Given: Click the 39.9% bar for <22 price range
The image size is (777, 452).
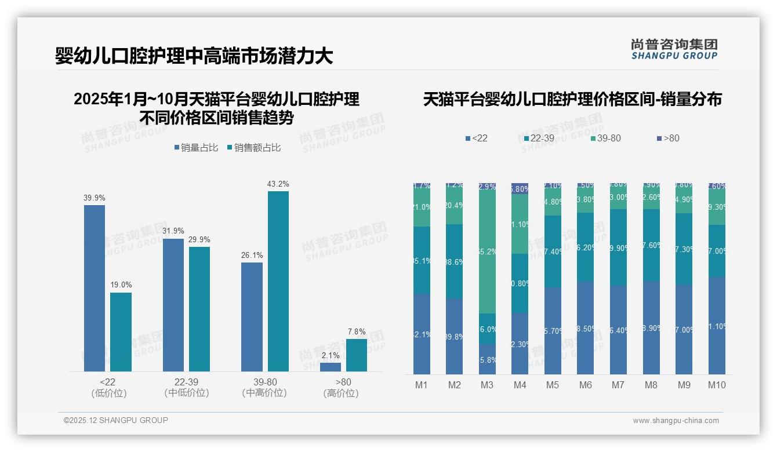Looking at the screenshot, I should tap(95, 288).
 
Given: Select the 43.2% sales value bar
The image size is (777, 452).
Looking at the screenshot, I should tap(278, 281).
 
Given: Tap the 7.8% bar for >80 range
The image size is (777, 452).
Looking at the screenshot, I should tap(356, 355).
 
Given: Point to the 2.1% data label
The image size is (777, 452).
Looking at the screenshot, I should tap(330, 355).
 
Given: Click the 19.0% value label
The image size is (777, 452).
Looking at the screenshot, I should tap(121, 285).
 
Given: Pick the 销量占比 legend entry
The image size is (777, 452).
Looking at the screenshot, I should tap(197, 148).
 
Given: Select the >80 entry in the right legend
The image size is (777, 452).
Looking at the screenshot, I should tap(668, 138).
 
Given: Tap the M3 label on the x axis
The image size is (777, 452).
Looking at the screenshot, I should tap(487, 385).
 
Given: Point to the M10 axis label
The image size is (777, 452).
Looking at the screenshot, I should tap(717, 385).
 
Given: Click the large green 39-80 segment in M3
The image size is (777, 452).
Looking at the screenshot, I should tap(487, 251).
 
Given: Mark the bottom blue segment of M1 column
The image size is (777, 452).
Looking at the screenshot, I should tap(422, 334).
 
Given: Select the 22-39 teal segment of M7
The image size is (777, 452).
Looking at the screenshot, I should tap(619, 247).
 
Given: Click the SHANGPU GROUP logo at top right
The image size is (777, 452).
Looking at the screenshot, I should tap(674, 49).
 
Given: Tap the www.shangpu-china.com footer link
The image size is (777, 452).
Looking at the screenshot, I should tap(676, 421).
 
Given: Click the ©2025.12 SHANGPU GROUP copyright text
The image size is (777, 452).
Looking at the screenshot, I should tap(116, 420).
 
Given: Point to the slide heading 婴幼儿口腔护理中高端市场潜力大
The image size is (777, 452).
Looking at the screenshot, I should tap(194, 56).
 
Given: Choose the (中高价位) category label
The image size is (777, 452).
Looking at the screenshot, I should tap(264, 393).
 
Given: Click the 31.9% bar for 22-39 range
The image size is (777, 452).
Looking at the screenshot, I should tap(173, 305).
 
